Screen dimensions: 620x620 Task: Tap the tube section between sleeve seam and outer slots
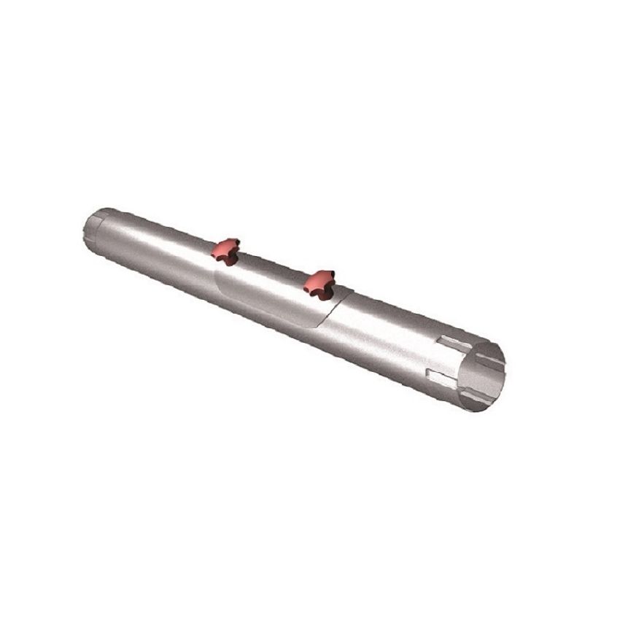(x=387, y=336)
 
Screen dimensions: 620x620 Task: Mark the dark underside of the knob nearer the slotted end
(x=318, y=291)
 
